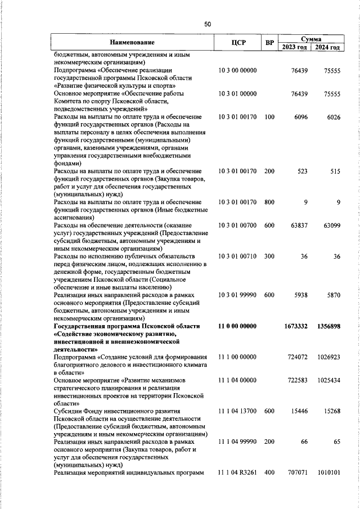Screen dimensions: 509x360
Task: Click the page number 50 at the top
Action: [208, 24]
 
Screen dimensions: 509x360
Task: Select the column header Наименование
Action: [132, 43]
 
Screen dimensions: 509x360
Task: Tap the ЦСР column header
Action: [237, 43]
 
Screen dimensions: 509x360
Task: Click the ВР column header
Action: [269, 43]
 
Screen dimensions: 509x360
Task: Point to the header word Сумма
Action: [311, 39]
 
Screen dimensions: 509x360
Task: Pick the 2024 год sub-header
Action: [327, 47]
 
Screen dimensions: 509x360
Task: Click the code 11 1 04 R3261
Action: [237, 473]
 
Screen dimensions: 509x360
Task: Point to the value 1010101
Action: [328, 473]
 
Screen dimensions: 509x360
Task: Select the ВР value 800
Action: [269, 201]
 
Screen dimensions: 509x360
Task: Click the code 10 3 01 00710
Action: [237, 256]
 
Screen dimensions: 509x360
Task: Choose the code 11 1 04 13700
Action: [237, 412]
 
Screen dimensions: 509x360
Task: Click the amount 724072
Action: [296, 357]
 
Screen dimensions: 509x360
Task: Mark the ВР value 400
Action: [269, 473]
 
